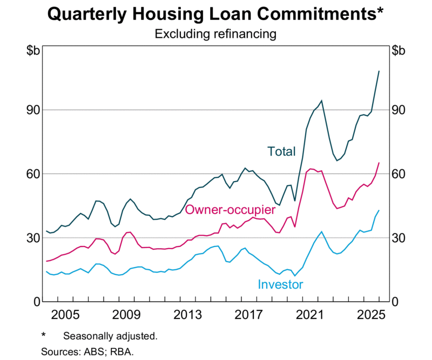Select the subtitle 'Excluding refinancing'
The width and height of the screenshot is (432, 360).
coord(215,34)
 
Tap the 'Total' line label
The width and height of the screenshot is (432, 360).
coord(281,151)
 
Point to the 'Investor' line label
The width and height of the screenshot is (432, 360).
coord(280,284)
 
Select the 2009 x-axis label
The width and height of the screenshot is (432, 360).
coord(126,314)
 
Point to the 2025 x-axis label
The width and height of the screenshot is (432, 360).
coord(372,314)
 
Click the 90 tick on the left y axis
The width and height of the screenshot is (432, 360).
coord(31,110)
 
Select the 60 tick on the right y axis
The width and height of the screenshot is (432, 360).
coord(400,174)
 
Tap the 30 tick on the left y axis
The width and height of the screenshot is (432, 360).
coord(31,237)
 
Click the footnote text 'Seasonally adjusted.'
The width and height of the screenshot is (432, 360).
coord(110,336)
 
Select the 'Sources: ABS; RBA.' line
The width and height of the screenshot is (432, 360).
coord(87,351)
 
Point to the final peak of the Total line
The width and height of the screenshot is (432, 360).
coord(379,71)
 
